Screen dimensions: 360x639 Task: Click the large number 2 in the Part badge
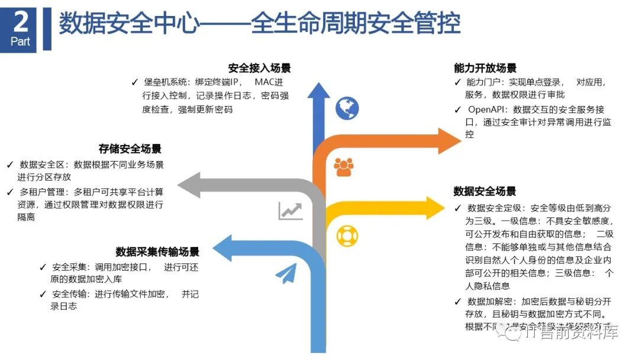point(20,22)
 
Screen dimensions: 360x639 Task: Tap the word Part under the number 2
point(20,42)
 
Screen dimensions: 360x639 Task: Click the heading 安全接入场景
point(259,68)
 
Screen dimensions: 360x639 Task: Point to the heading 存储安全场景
point(130,149)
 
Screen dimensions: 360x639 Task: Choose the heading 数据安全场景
point(485,191)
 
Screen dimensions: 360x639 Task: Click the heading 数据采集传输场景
point(157,252)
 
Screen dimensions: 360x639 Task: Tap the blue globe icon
point(347,108)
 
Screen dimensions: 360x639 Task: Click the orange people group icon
point(343,168)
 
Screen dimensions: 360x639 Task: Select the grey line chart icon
point(291,210)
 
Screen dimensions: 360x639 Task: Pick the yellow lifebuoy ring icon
point(347,236)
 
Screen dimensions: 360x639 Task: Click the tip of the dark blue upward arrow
point(319,85)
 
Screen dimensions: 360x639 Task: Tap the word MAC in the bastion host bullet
point(262,82)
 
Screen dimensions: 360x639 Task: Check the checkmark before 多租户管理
point(10,192)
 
